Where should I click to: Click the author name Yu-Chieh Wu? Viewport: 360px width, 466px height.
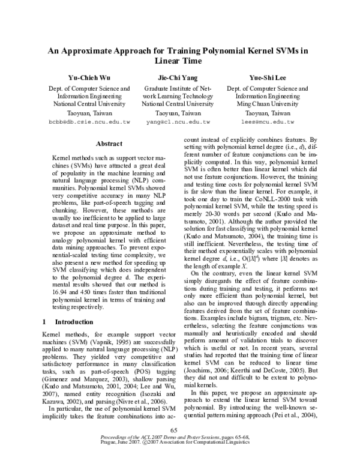tap(89, 77)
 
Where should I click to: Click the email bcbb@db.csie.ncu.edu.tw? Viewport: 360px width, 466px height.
tap(89, 122)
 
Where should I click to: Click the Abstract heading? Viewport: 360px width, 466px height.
tap(109, 144)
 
